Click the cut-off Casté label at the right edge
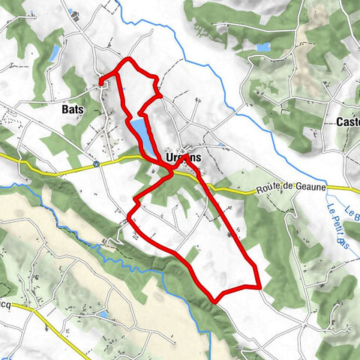[348, 121]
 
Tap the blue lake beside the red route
[140, 131]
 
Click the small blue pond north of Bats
[54, 52]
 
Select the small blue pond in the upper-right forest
[262, 47]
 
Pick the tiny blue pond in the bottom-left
[103, 314]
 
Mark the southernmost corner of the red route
[216, 301]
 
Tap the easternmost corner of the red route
[259, 286]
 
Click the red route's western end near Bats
[100, 80]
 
